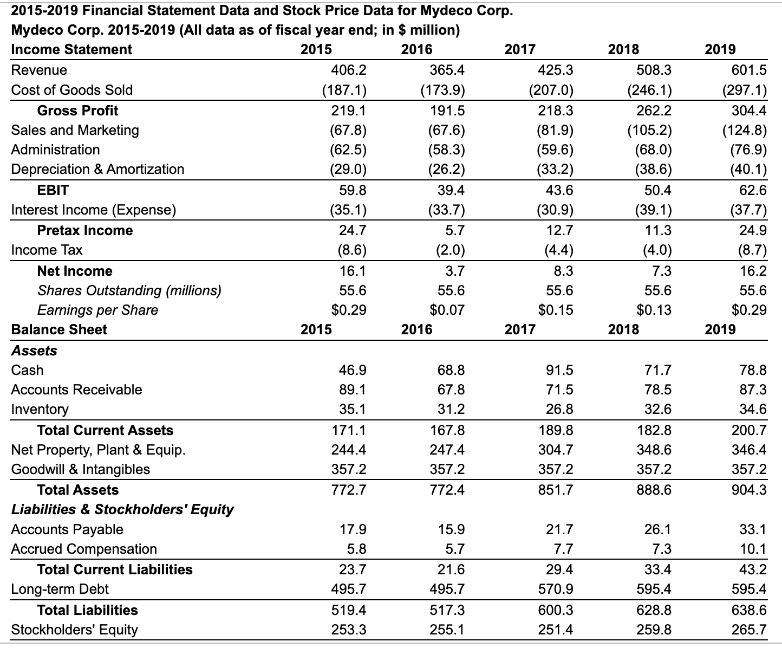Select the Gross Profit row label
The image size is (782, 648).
point(77,111)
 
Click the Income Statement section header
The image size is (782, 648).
point(71,49)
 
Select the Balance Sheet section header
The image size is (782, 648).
point(59,329)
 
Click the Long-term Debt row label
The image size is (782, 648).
point(60,589)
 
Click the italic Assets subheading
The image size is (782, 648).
point(34,351)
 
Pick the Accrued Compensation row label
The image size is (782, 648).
point(84,549)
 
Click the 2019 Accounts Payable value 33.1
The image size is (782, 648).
point(753,529)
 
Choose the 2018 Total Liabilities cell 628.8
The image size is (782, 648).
point(654,610)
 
